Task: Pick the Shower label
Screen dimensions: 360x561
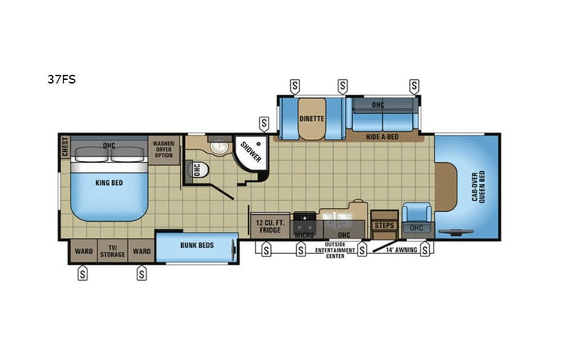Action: point(251,151)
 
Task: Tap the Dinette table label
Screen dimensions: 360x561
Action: point(312,119)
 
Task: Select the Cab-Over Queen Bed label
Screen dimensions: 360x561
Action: point(481,186)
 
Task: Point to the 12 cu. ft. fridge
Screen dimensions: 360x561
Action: point(269,225)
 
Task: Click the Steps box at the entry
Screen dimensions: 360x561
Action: point(384,225)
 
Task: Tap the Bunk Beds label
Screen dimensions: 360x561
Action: point(196,246)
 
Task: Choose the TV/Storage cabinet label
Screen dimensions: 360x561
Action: point(111,251)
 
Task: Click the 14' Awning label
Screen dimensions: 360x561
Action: point(395,249)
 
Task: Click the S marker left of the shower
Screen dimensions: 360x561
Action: point(264,122)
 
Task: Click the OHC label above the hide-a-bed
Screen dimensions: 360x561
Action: point(378,104)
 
